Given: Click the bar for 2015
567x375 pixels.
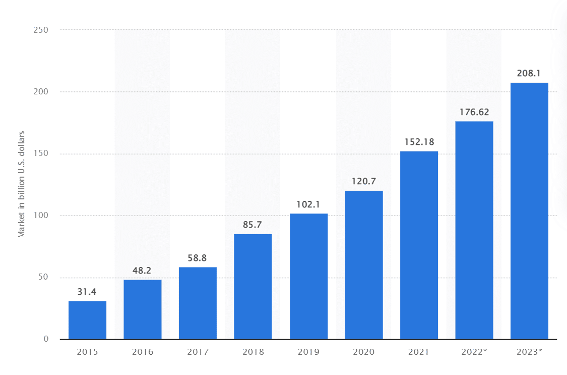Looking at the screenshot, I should click(87, 320).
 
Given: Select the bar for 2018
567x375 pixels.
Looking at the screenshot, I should click(253, 286).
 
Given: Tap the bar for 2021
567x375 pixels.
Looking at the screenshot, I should click(419, 245).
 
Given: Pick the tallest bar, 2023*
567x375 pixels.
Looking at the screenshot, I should click(529, 210).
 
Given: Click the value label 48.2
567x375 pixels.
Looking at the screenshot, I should click(143, 271).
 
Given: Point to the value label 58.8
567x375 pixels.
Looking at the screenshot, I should click(198, 258).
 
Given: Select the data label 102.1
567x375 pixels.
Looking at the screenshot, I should click(308, 204).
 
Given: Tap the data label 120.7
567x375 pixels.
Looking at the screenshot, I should click(364, 181).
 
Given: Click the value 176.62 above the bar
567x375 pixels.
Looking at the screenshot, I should click(474, 112).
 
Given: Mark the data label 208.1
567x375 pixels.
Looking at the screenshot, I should click(529, 73).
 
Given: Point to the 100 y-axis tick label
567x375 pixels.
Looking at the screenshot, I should click(42, 216).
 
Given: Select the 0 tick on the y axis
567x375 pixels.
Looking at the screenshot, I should click(46, 339).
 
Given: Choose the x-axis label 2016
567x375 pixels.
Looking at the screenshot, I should click(143, 352).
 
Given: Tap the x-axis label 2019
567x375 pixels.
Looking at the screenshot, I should click(308, 352).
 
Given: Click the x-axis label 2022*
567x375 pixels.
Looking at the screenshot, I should click(474, 352).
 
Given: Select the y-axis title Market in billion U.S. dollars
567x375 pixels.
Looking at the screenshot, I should click(22, 184).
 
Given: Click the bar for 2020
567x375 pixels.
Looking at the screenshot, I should click(364, 264).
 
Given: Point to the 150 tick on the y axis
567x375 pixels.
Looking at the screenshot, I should click(42, 153).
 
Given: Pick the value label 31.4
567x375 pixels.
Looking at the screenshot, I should click(87, 292).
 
